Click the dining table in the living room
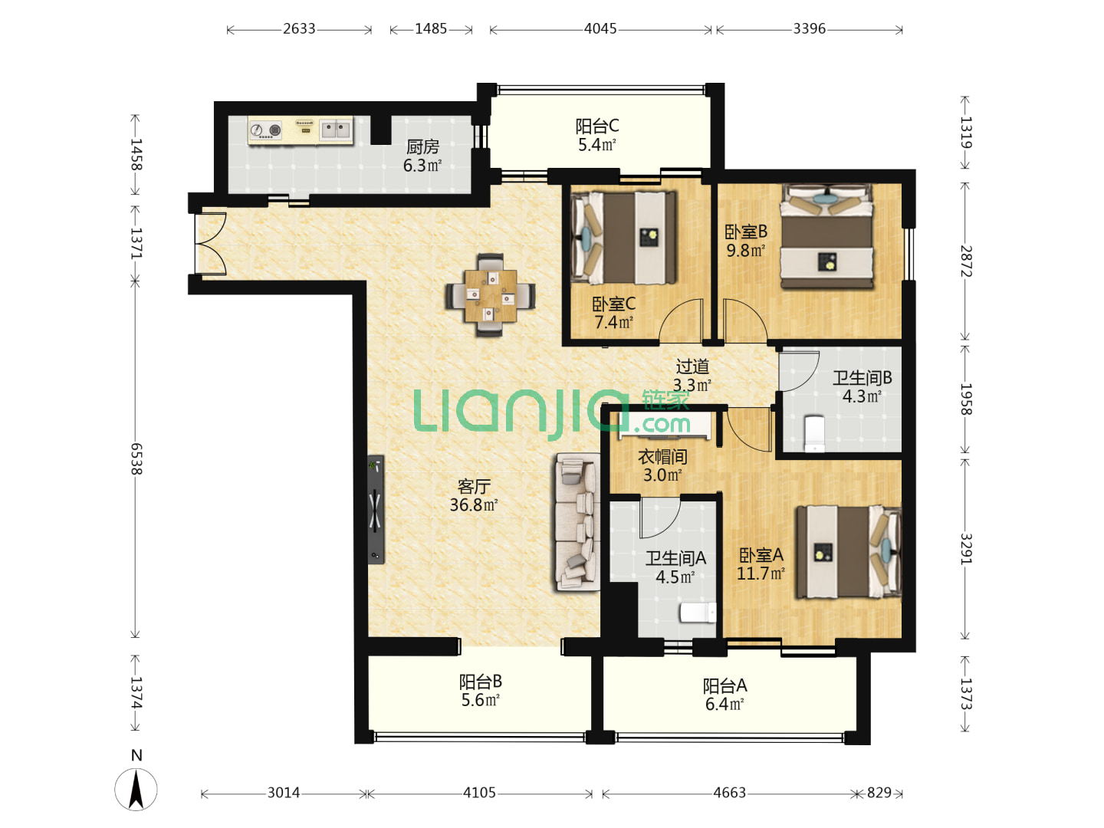click(490, 295)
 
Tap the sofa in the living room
click(578, 521)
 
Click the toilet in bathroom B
click(814, 433)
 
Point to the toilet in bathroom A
click(698, 613)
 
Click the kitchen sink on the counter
click(336, 130)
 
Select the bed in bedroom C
click(624, 238)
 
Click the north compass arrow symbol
click(136, 790)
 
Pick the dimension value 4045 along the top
click(600, 28)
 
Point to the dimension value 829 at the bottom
click(879, 792)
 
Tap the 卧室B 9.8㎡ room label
click(746, 240)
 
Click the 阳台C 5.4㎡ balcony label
click(597, 135)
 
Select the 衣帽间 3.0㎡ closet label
click(662, 465)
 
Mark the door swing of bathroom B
click(799, 371)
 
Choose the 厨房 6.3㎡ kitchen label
click(422, 156)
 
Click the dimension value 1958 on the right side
click(966, 399)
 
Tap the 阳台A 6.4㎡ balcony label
click(724, 695)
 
